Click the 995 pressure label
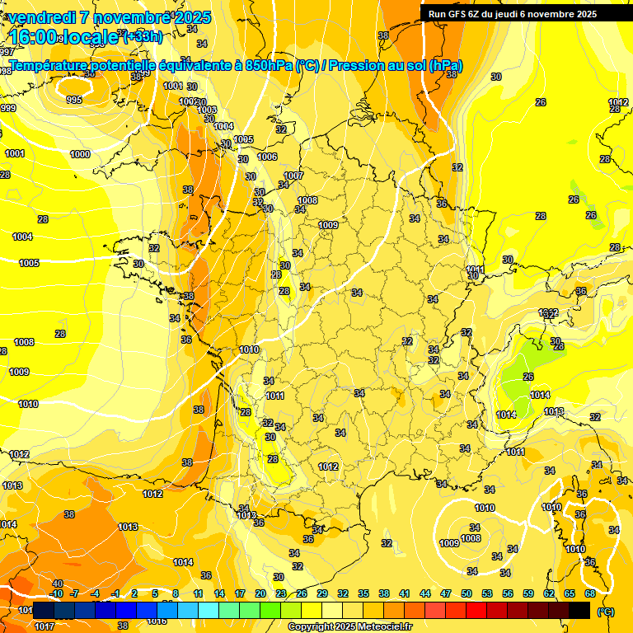(x=74, y=100)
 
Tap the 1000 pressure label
(x=80, y=154)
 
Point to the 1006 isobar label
(x=267, y=157)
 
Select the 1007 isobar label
(x=294, y=176)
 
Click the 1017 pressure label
(x=45, y=626)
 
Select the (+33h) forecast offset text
(x=143, y=36)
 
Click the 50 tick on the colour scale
(x=467, y=593)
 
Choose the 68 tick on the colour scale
(x=590, y=593)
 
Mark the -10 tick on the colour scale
(x=57, y=593)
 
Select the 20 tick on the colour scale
(x=260, y=593)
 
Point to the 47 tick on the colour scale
(x=446, y=593)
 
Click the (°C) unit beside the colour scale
(x=605, y=612)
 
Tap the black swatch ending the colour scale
(x=579, y=611)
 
